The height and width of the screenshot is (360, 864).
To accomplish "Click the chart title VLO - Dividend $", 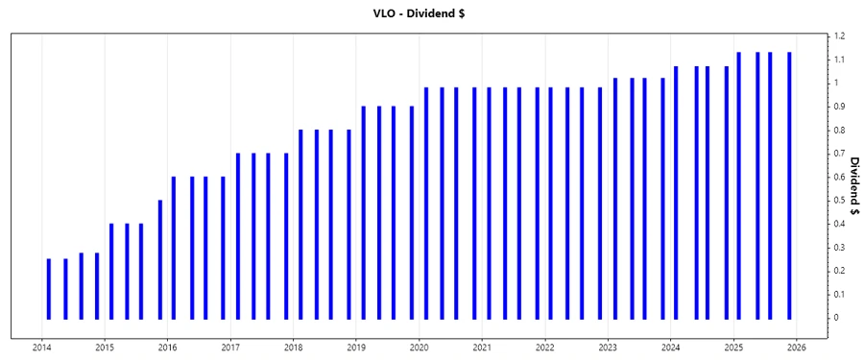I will point(431,14).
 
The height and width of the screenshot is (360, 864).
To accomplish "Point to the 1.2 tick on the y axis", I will point(838,36).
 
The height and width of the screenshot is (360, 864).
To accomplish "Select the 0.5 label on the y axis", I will point(838,201).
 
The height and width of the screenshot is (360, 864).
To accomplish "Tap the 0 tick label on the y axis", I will point(835,318).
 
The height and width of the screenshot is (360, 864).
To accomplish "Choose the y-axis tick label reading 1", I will point(835,84).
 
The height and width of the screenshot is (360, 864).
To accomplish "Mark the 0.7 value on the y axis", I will point(838,154).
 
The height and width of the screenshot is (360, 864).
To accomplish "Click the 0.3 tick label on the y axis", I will point(838,248).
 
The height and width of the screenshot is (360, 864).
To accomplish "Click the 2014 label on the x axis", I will point(42,348).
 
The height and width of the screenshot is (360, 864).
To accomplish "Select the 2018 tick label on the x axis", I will point(294,348).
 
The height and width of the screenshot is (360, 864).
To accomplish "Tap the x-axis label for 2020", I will point(420,348).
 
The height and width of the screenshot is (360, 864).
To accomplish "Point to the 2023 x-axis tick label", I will point(608,348).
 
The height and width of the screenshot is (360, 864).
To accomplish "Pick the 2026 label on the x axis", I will point(796,348).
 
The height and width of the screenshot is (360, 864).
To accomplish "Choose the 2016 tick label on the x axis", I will point(168,348).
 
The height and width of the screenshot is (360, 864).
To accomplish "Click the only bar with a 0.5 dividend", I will point(160,259).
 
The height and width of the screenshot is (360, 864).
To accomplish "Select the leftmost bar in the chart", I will point(49,288).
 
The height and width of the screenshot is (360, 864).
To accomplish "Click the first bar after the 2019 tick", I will point(364,212).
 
